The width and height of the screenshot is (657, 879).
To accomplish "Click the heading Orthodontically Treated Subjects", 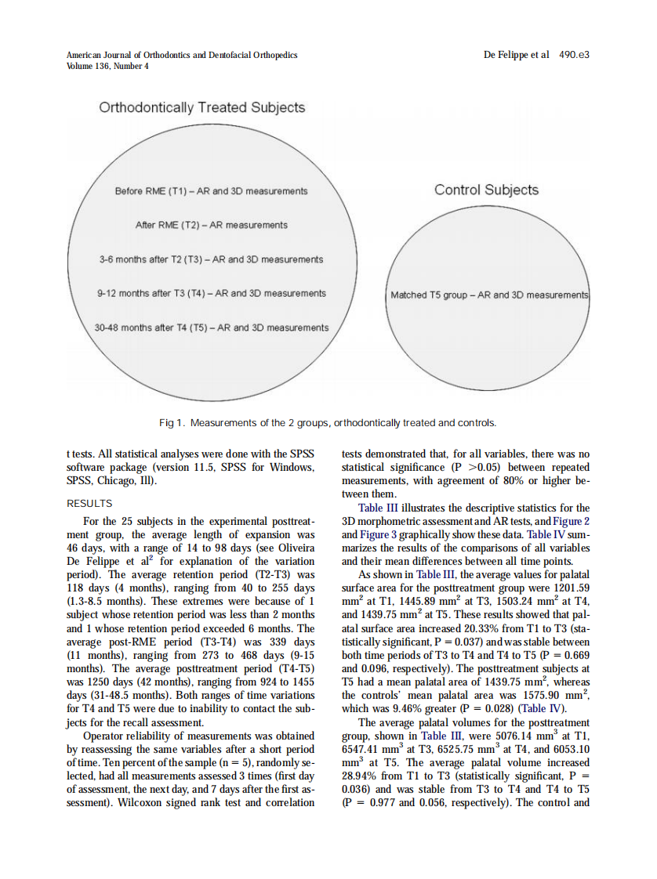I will [201, 107].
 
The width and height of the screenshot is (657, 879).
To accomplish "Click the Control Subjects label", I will [486, 190].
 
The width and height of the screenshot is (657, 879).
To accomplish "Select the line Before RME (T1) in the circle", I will [211, 191].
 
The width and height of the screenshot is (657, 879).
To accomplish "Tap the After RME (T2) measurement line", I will [211, 225].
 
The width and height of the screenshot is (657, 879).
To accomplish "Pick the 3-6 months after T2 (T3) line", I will [211, 259].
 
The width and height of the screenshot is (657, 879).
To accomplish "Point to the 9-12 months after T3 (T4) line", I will [211, 293].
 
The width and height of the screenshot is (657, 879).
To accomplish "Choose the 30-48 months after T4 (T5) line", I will [211, 327].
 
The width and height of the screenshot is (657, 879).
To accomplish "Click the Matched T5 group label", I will [489, 295].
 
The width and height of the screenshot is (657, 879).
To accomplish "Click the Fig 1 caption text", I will [328, 423].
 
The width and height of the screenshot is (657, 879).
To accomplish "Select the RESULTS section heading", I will [90, 504].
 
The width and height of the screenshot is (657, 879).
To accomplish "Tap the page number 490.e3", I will [574, 56].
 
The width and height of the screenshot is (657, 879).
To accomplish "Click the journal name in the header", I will [182, 56].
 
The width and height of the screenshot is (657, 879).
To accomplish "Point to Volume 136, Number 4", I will [108, 66].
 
